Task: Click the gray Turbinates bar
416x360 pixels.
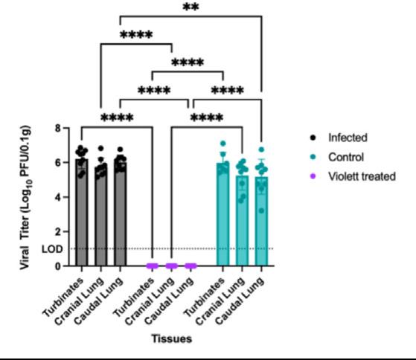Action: click(x=81, y=212)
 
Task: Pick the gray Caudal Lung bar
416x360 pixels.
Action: click(x=120, y=213)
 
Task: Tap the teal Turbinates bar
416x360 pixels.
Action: click(x=223, y=214)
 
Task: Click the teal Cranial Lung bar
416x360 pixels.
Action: click(x=242, y=221)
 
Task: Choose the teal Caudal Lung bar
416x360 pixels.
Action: click(x=262, y=222)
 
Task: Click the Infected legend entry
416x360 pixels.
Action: click(x=339, y=138)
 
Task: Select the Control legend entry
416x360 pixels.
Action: click(x=337, y=157)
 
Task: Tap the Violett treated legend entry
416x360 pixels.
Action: click(x=353, y=176)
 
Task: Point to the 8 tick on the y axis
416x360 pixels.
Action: click(x=58, y=129)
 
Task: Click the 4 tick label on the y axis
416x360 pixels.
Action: click(x=58, y=197)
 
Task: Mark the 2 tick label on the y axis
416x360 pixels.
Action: click(x=58, y=232)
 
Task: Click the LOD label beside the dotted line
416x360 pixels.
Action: click(x=52, y=249)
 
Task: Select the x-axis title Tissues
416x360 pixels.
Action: click(x=172, y=338)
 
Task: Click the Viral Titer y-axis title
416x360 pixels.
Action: click(x=25, y=198)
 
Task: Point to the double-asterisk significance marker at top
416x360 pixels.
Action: click(x=191, y=7)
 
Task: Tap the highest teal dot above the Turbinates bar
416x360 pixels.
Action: click(x=223, y=144)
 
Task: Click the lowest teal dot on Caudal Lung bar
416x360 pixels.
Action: click(x=262, y=210)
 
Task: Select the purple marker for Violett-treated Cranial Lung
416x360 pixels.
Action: click(x=171, y=266)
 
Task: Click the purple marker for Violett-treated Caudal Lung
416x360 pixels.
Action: click(x=191, y=266)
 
